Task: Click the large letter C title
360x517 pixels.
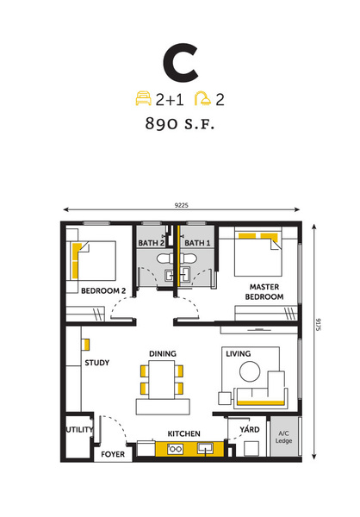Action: click(x=180, y=63)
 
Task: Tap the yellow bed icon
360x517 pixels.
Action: click(x=144, y=99)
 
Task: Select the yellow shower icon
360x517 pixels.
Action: click(x=202, y=99)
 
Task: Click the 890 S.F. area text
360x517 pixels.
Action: click(x=180, y=123)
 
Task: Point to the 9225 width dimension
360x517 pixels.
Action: click(x=182, y=205)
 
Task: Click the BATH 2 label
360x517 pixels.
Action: click(x=152, y=243)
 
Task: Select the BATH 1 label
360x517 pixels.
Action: click(x=197, y=243)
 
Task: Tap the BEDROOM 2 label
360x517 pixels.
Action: click(x=103, y=291)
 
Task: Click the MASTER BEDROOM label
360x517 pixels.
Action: click(x=264, y=292)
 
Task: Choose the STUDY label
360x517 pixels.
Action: click(x=97, y=363)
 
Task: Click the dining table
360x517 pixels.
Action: click(x=162, y=380)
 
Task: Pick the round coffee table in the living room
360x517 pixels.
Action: click(x=250, y=371)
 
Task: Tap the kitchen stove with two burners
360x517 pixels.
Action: click(x=175, y=449)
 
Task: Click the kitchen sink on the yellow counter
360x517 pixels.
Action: click(x=205, y=448)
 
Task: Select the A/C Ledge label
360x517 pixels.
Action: click(x=283, y=437)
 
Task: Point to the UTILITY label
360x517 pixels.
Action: click(x=79, y=430)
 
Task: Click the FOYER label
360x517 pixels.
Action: click(x=113, y=454)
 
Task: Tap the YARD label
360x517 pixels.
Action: click(x=250, y=429)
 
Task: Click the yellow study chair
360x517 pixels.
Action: click(x=86, y=345)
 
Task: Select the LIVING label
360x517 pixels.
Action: click(x=238, y=354)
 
